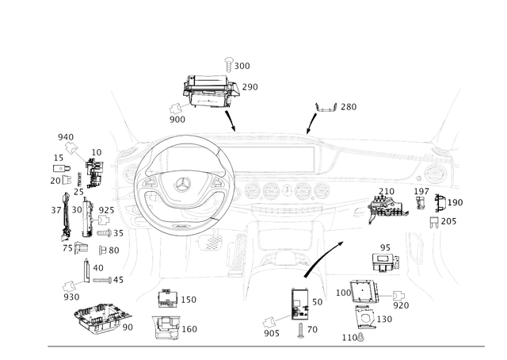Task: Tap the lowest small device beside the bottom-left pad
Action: pyautogui.click(x=166, y=327)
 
